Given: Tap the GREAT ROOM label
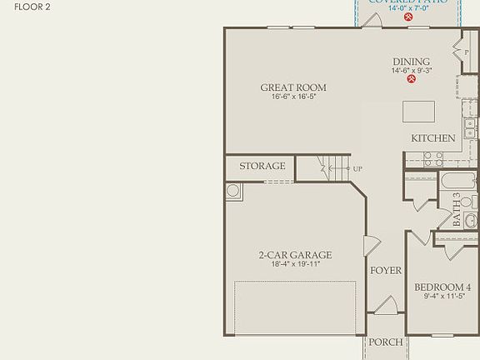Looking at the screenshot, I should (x=293, y=87).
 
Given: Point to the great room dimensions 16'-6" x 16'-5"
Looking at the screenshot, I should (x=293, y=97).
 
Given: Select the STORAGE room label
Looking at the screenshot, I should (x=262, y=167).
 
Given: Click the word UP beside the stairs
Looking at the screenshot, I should (x=357, y=169).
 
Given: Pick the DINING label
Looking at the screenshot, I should (x=412, y=62).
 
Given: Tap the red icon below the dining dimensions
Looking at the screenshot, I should (x=412, y=80).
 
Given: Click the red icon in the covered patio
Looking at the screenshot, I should (x=408, y=16).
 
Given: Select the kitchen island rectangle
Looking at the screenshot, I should (x=418, y=112).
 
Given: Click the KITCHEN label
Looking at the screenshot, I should (x=433, y=138).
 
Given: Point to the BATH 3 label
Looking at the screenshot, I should (x=457, y=210).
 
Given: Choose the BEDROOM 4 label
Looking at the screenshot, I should (x=442, y=287).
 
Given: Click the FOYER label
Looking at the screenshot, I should (x=386, y=271).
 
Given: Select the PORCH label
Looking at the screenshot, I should (x=386, y=342).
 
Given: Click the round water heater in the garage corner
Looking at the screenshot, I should (x=232, y=191).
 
